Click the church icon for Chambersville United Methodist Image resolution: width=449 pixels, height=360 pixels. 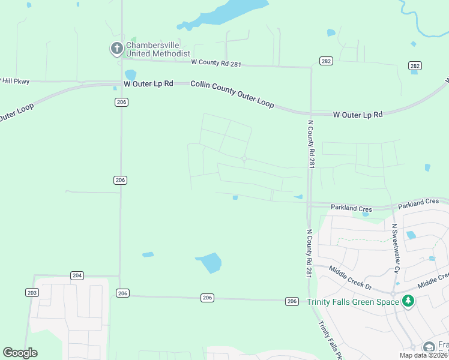117,49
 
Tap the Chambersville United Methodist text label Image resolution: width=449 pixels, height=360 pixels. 158,49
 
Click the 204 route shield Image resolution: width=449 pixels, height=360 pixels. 77,275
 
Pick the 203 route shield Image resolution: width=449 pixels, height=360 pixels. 32,292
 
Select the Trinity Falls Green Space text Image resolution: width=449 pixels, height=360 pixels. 353,302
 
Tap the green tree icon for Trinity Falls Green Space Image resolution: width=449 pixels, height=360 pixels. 408,301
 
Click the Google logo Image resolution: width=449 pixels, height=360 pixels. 20,353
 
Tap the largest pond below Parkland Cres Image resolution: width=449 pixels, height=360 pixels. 209,263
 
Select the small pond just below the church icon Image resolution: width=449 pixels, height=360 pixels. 130,74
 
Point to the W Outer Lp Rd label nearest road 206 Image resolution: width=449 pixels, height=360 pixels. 148,83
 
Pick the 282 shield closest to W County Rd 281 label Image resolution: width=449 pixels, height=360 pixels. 326,61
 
